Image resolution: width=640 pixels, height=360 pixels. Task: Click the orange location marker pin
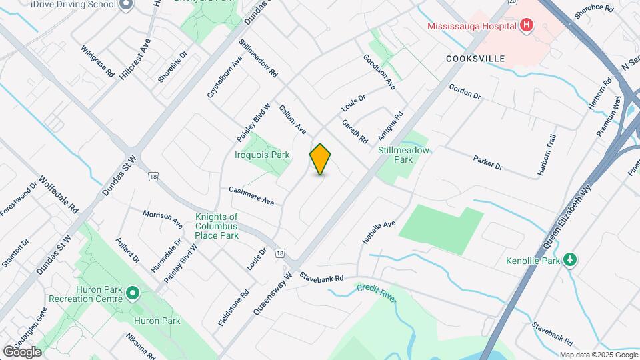pyautogui.click(x=320, y=159)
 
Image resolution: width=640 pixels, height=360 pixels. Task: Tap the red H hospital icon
pyautogui.click(x=527, y=26)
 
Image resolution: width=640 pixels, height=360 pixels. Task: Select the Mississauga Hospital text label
pyautogui.click(x=472, y=27)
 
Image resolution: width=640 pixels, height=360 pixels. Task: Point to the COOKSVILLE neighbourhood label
pyautogui.click(x=475, y=59)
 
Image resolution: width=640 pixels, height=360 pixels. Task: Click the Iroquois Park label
pyautogui.click(x=262, y=155)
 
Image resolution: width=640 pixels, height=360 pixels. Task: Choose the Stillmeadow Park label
pyautogui.click(x=404, y=155)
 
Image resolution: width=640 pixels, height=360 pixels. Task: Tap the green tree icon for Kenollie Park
pyautogui.click(x=569, y=259)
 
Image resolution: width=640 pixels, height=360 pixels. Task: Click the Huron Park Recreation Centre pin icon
pyautogui.click(x=133, y=293)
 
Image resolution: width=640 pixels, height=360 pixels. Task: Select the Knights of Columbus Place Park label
pyautogui.click(x=217, y=226)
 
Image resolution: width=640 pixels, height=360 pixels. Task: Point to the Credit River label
pyautogui.click(x=376, y=293)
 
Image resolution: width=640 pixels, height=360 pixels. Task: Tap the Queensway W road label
pyautogui.click(x=273, y=293)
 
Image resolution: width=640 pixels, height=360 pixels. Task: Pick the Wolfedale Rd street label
pyautogui.click(x=58, y=194)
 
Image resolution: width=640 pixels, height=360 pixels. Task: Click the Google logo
pyautogui.click(x=21, y=352)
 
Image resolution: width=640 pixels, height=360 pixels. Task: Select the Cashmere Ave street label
pyautogui.click(x=251, y=196)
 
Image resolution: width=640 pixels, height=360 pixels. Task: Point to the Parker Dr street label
pyautogui.click(x=487, y=163)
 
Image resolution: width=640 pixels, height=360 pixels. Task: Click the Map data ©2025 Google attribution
pyautogui.click(x=598, y=355)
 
